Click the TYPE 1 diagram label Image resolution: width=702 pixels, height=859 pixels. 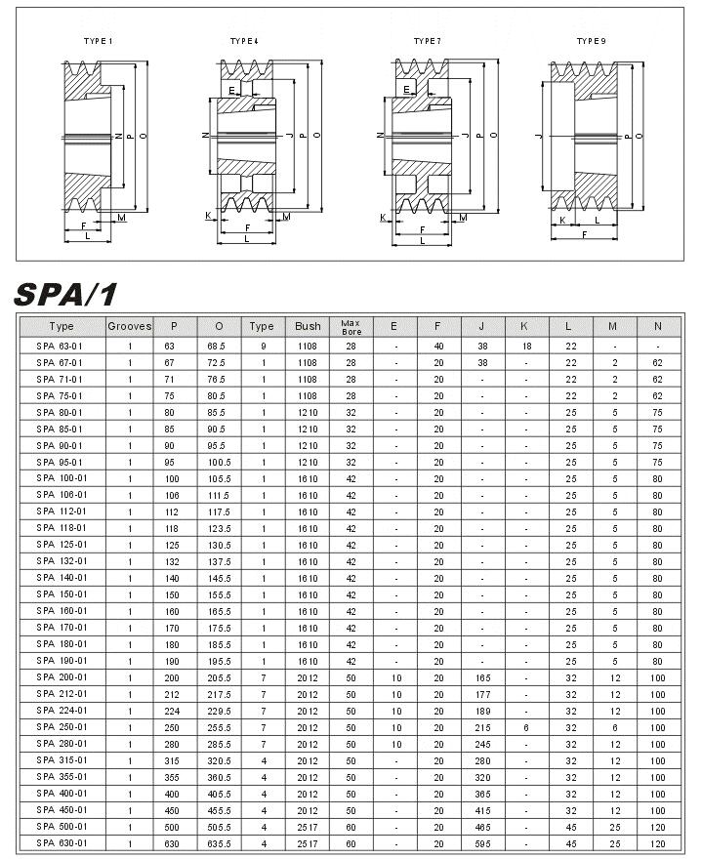(x=98, y=41)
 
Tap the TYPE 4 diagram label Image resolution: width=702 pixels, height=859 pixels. (x=244, y=41)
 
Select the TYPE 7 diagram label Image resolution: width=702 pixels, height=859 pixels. (x=427, y=41)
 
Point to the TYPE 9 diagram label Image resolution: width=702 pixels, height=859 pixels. (x=591, y=41)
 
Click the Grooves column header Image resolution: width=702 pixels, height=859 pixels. (x=129, y=326)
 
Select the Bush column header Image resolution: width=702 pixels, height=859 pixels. (x=308, y=326)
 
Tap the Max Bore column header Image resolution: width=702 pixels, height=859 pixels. (x=351, y=326)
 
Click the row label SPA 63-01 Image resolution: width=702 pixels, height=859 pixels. (x=61, y=346)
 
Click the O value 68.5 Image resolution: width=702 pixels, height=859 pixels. (x=216, y=346)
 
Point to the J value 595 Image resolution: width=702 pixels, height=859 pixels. (x=481, y=842)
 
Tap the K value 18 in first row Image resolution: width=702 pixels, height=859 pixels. (x=525, y=346)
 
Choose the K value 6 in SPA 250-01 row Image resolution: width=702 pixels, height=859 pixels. (x=525, y=726)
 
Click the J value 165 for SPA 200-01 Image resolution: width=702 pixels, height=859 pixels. (x=481, y=676)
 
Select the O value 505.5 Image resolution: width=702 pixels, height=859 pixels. (x=216, y=826)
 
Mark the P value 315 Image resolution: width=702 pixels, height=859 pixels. (x=173, y=759)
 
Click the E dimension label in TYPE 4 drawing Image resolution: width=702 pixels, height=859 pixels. (x=231, y=90)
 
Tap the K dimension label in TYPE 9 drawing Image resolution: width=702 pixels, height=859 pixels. (x=562, y=220)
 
